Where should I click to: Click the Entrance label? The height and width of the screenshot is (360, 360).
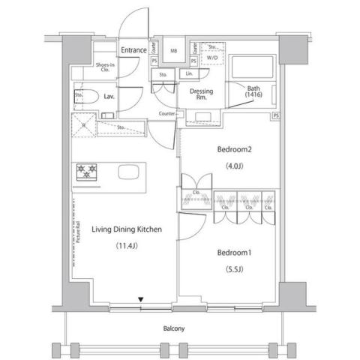click(133, 50)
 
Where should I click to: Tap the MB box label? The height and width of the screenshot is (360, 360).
click(174, 50)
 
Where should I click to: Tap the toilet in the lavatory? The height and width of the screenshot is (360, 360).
click(85, 97)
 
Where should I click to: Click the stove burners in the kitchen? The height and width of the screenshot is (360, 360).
click(86, 172)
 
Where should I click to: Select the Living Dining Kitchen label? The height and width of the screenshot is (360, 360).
click(127, 229)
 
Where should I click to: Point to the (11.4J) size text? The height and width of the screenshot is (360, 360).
click(127, 247)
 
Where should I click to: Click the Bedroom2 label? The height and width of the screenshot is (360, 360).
click(233, 149)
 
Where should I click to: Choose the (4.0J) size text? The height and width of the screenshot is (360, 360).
click(232, 166)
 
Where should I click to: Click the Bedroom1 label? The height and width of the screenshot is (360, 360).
click(233, 252)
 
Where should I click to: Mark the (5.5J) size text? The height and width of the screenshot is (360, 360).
click(233, 269)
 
